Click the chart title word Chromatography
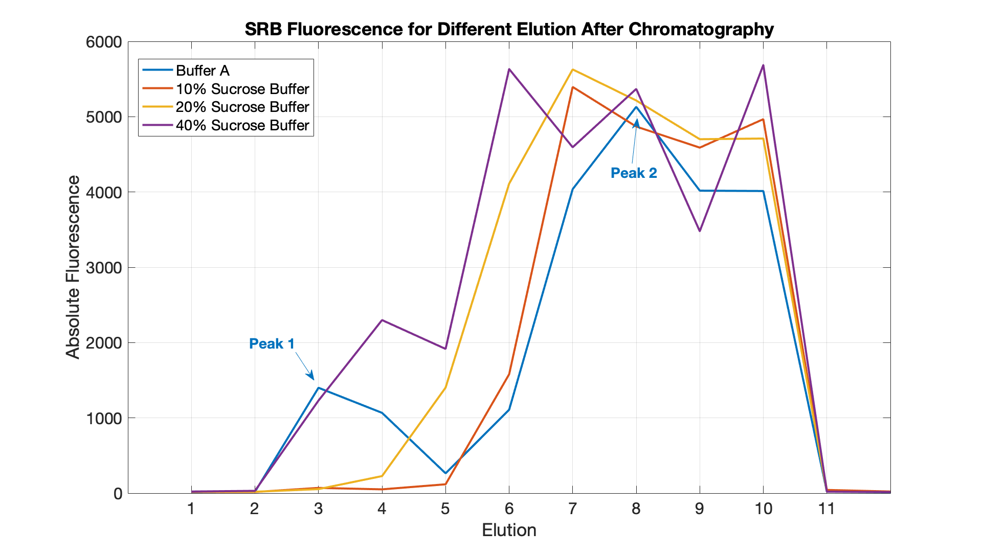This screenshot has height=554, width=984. (x=701, y=30)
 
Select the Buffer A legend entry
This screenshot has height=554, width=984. (x=203, y=71)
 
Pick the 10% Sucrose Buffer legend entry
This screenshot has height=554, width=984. (x=242, y=89)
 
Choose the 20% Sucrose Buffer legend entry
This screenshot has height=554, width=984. (x=242, y=107)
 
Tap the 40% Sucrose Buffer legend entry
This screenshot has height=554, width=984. (x=242, y=125)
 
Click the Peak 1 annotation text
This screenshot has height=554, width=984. (x=272, y=343)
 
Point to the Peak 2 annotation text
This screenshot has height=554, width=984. (x=634, y=173)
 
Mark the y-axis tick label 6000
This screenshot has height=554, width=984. (x=104, y=42)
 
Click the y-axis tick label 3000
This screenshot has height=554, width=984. (x=104, y=268)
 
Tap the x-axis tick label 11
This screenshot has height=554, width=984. (x=826, y=509)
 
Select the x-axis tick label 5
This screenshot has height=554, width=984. (x=445, y=509)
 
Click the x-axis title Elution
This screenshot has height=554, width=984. (x=509, y=530)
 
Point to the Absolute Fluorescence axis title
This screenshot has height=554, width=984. (x=73, y=267)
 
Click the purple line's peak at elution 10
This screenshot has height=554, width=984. (x=763, y=65)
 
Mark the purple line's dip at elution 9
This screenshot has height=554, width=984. (x=700, y=231)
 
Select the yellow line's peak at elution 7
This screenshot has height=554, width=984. (x=572, y=70)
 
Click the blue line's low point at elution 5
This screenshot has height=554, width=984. (x=445, y=473)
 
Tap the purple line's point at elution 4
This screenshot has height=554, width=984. (x=382, y=320)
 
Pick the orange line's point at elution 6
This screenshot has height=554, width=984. (x=509, y=374)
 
